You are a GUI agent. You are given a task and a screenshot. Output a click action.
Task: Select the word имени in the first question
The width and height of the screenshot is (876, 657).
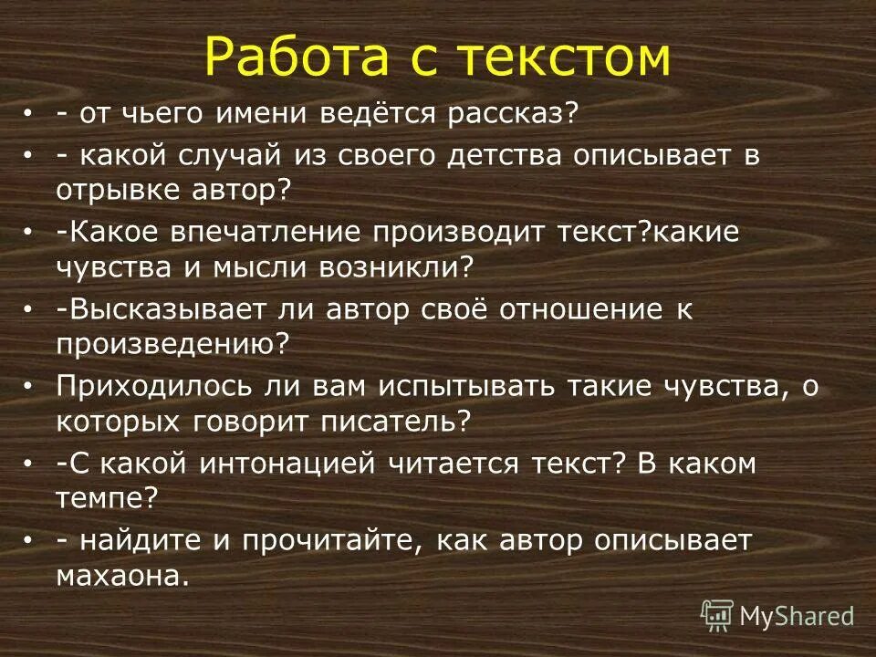pyautogui.click(x=264, y=115)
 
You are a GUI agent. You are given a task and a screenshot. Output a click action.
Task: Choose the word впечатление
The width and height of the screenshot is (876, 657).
pyautogui.click(x=260, y=232)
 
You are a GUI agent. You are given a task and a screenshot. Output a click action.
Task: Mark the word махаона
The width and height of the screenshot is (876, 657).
pyautogui.click(x=122, y=576)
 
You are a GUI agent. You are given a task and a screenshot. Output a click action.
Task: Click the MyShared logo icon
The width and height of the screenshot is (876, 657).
pyautogui.click(x=717, y=616)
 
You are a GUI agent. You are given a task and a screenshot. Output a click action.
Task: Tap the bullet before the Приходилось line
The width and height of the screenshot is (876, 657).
pyautogui.click(x=30, y=387)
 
